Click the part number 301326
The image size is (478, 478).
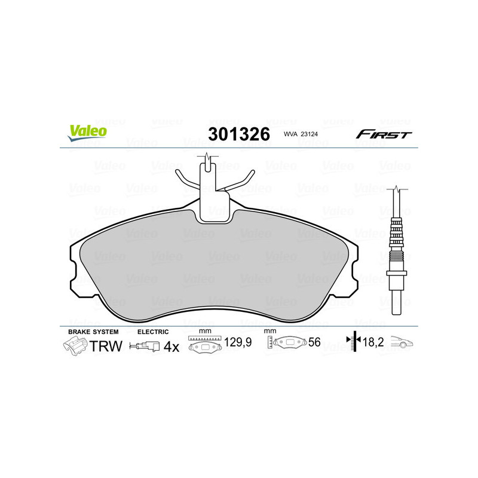[x=238, y=134]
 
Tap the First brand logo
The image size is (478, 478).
[x=384, y=134]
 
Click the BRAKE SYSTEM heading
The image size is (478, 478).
[x=93, y=331]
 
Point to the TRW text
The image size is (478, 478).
[x=106, y=346]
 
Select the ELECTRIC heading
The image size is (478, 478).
[x=153, y=331]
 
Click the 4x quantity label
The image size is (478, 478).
[x=171, y=347]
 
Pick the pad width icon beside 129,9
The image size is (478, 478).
[x=205, y=345]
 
